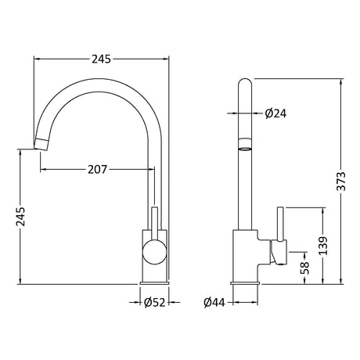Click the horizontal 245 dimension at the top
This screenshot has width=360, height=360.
[x=101, y=59]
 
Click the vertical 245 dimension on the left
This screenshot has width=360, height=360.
[x=20, y=217]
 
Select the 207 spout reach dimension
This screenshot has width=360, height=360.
[x=97, y=170]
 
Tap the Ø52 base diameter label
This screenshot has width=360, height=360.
[x=155, y=303]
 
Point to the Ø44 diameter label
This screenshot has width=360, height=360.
[x=214, y=303]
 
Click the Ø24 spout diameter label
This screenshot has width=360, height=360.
[x=275, y=113]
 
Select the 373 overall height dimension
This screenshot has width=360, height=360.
[x=341, y=182]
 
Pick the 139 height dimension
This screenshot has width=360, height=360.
[x=323, y=246]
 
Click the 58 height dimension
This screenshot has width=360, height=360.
[x=304, y=268]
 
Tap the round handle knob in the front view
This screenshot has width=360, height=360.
[x=154, y=252]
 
